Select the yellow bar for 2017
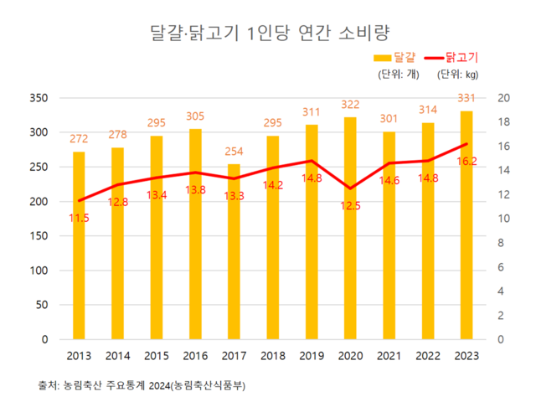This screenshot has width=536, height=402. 234,252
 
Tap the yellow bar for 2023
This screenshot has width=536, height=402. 465,225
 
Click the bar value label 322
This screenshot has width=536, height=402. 349,105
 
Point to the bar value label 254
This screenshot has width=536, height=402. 234,152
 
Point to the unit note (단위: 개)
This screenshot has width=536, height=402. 397,74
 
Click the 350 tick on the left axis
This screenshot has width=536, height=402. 47,98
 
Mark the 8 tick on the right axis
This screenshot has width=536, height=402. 501,243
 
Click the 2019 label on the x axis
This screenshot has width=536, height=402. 311,355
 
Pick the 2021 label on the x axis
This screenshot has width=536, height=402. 388,355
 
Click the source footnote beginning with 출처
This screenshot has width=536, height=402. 142,385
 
